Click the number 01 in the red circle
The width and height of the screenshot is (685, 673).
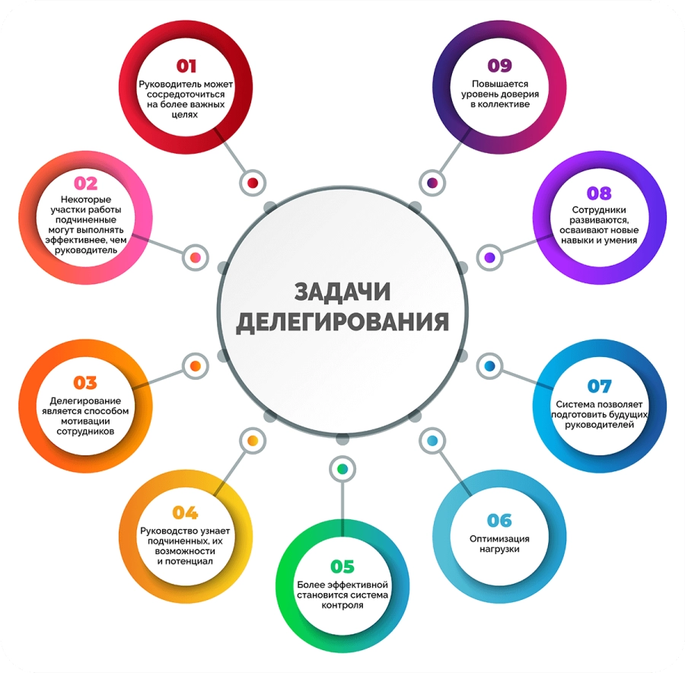pyautogui.click(x=186, y=66)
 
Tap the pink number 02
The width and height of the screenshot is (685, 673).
pyautogui.click(x=85, y=183)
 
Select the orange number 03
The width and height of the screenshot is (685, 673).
pyautogui.click(x=85, y=383)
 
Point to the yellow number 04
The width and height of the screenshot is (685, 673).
pyautogui.click(x=185, y=512)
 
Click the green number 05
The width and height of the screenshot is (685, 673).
pyautogui.click(x=342, y=566)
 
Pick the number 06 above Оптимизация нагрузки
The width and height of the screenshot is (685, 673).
pyautogui.click(x=499, y=521)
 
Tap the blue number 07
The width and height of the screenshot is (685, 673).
pyautogui.click(x=600, y=386)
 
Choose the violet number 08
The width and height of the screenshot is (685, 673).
pyautogui.click(x=599, y=193)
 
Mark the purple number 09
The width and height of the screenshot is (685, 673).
pyautogui.click(x=500, y=65)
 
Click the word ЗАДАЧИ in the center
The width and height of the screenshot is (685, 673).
pyautogui.click(x=342, y=292)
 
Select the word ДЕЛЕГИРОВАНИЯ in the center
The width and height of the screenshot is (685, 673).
pyautogui.click(x=342, y=322)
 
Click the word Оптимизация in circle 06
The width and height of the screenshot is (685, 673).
pyautogui.click(x=499, y=539)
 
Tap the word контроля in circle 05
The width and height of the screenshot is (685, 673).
pyautogui.click(x=342, y=605)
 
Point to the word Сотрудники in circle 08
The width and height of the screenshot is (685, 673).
pyautogui.click(x=599, y=210)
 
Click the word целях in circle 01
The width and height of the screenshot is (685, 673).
pyautogui.click(x=185, y=114)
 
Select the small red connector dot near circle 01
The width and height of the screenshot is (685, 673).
pyautogui.click(x=253, y=183)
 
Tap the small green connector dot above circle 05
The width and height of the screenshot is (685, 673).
pyautogui.click(x=342, y=469)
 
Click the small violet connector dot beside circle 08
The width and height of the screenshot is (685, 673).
pyautogui.click(x=489, y=257)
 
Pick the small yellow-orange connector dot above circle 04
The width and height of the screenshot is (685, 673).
pyautogui.click(x=253, y=441)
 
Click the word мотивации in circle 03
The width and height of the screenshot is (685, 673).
pyautogui.click(x=85, y=421)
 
